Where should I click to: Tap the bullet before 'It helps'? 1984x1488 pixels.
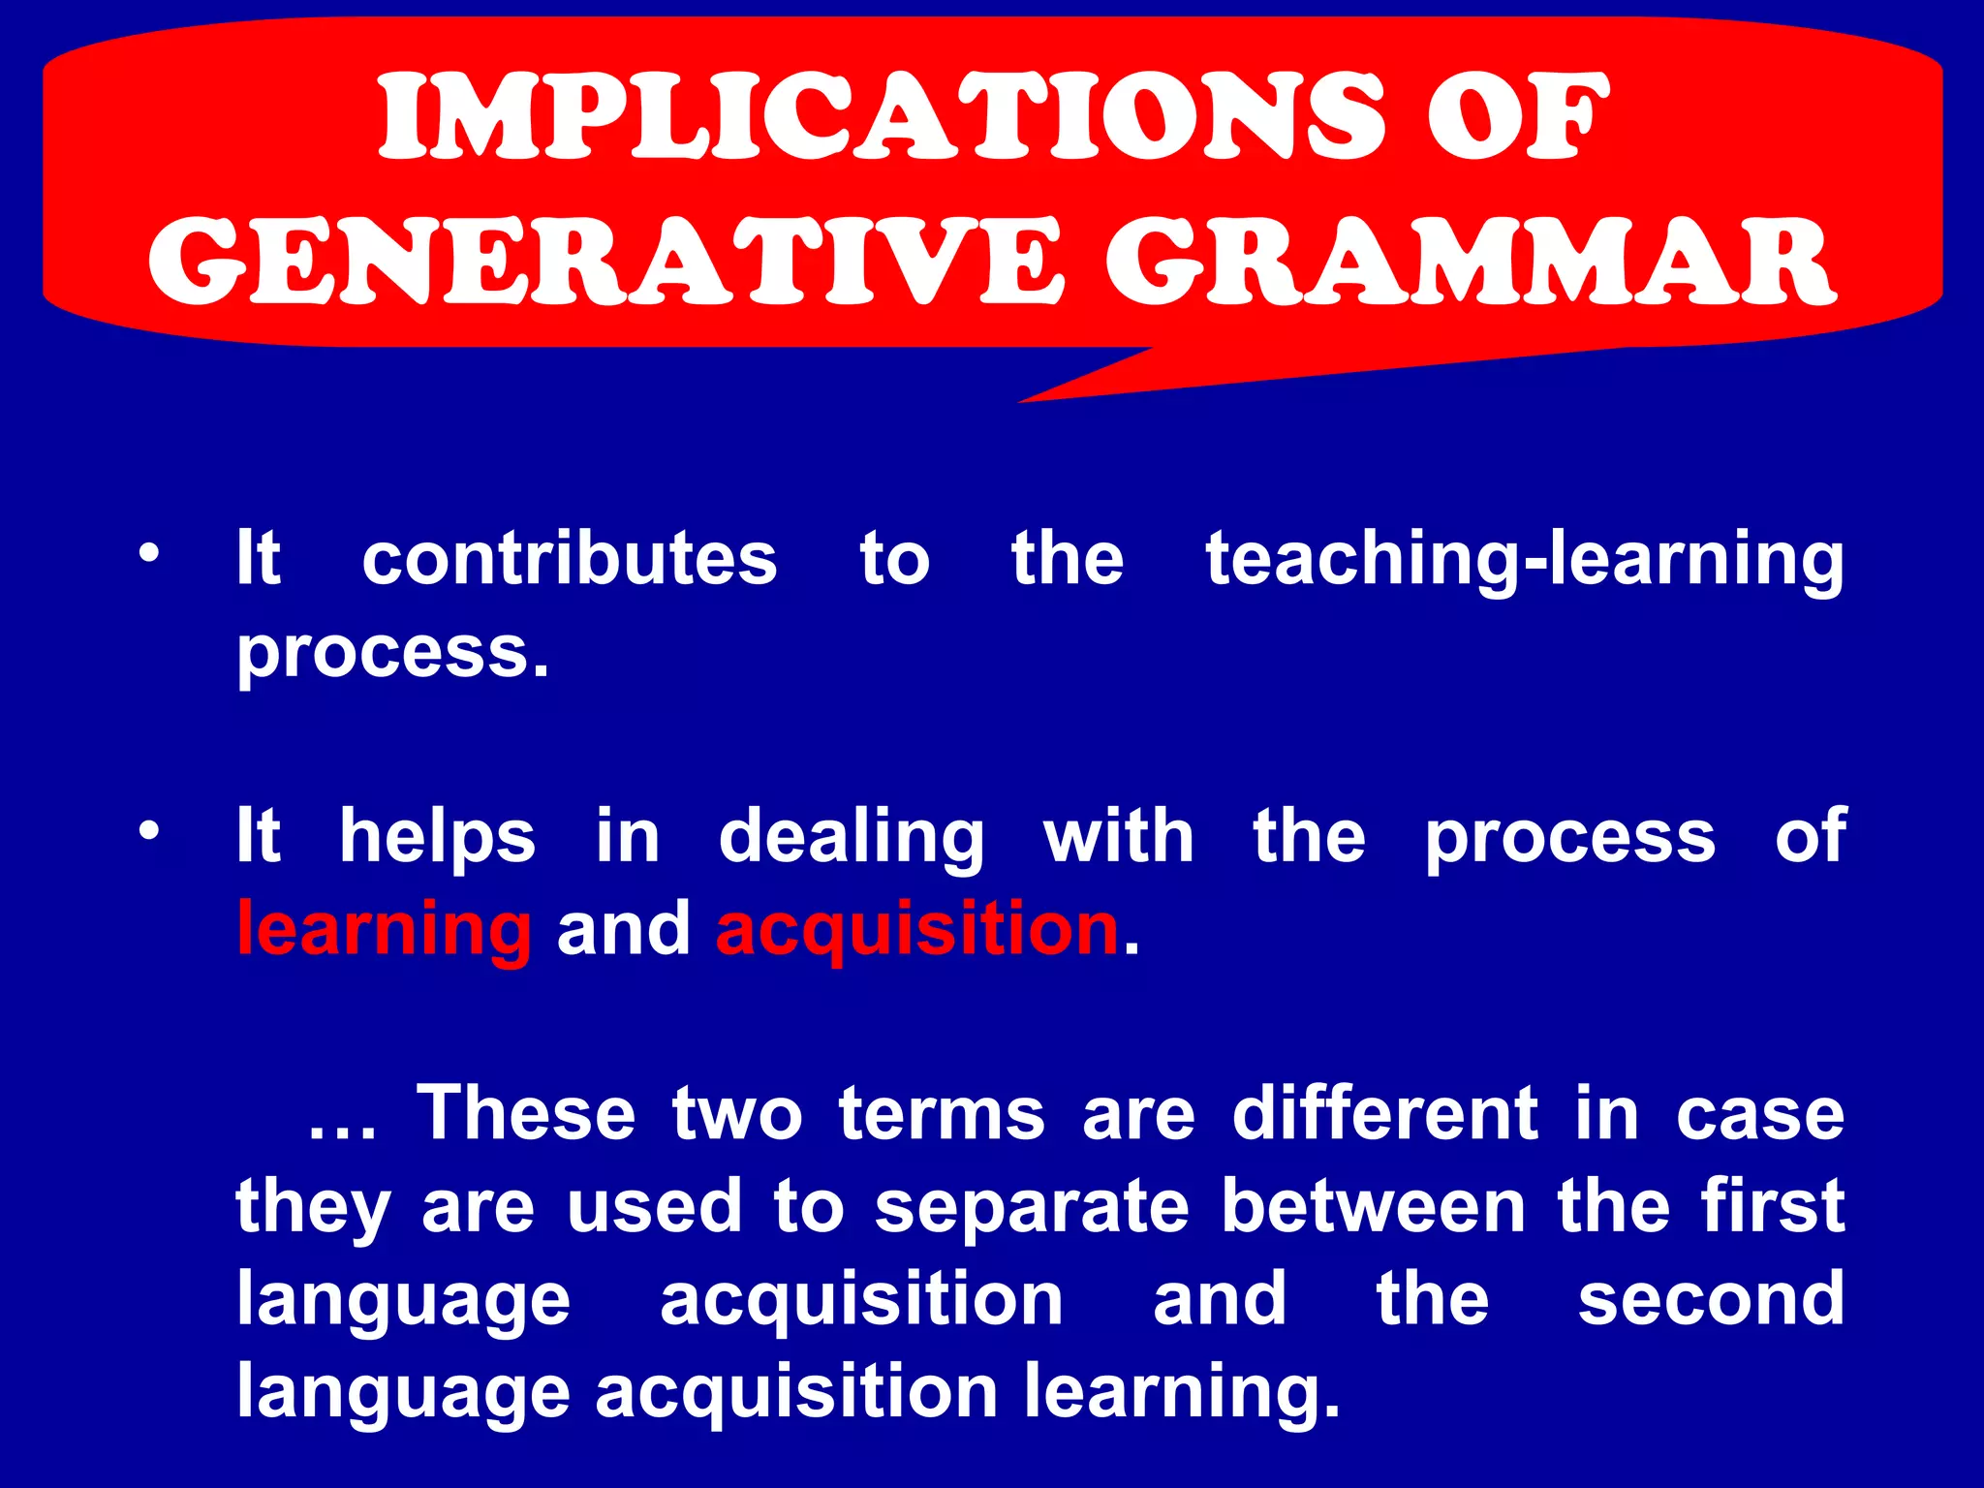point(147,831)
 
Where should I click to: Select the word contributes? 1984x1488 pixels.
point(570,559)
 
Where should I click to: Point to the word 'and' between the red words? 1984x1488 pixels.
point(624,928)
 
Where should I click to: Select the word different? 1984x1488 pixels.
point(1385,1113)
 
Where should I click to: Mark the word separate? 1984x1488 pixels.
point(1032,1208)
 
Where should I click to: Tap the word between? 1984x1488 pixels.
point(1374,1206)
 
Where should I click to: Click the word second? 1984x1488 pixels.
point(1711,1299)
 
